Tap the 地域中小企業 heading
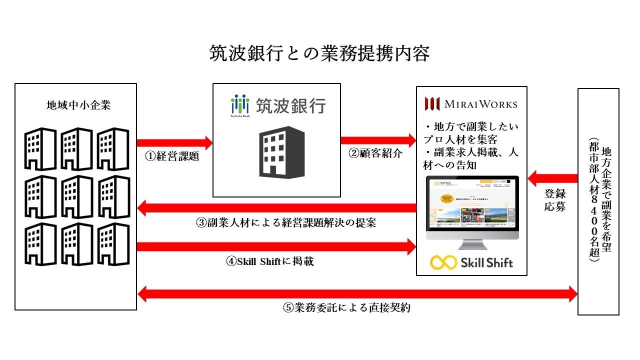pyautogui.click(x=76, y=106)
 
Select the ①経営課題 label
pyautogui.click(x=172, y=156)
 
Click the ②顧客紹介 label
pyautogui.click(x=375, y=153)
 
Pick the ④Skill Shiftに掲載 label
pyautogui.click(x=270, y=261)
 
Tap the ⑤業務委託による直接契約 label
pyautogui.click(x=346, y=307)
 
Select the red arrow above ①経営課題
pyautogui.click(x=174, y=143)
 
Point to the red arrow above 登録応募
pyautogui.click(x=553, y=177)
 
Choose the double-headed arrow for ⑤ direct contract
pyautogui.click(x=357, y=294)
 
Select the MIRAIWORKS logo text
pyautogui.click(x=471, y=104)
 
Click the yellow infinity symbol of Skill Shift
pyautogui.click(x=443, y=262)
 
